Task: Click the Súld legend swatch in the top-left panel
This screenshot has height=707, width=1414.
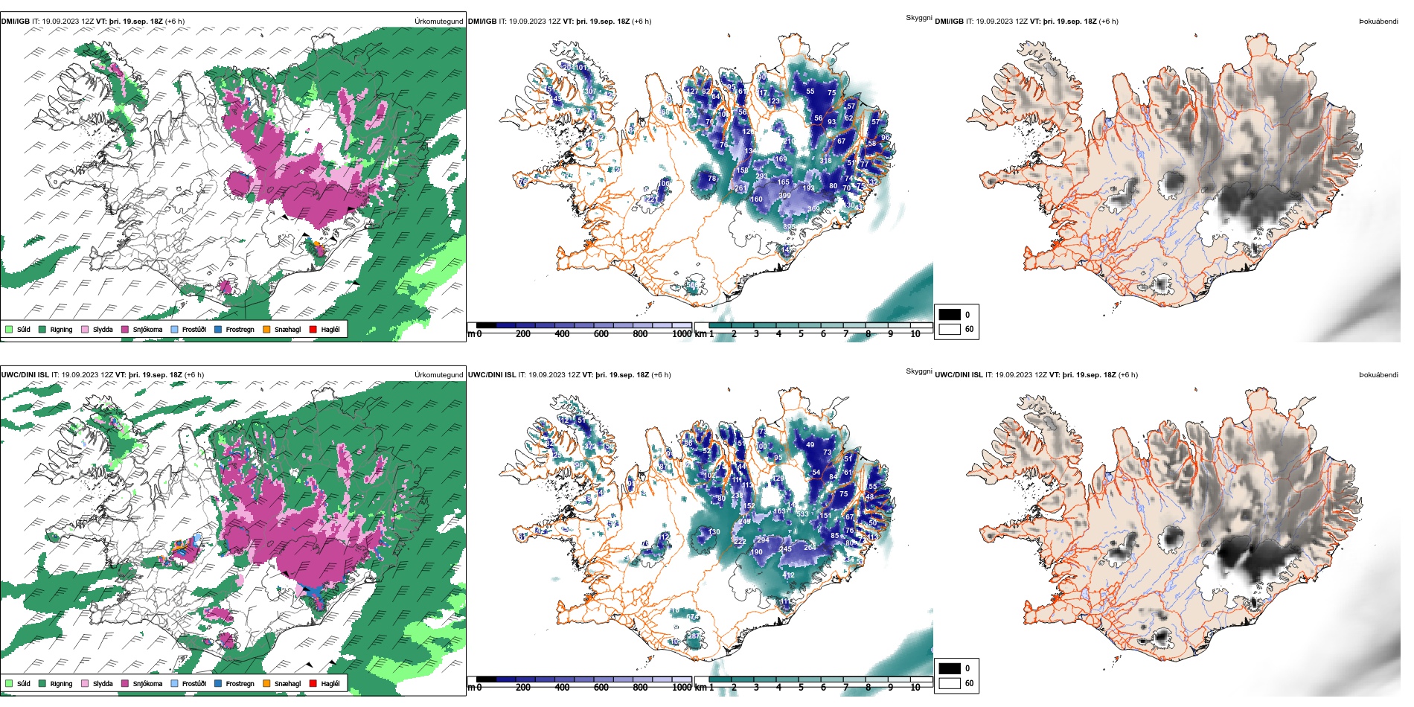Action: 9,329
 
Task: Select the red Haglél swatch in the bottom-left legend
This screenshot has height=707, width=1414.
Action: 313,683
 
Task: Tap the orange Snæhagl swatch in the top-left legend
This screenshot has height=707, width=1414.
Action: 266,329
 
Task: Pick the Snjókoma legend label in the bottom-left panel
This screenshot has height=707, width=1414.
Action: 147,683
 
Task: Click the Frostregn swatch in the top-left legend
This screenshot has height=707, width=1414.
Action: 218,329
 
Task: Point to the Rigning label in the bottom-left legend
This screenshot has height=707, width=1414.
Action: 61,683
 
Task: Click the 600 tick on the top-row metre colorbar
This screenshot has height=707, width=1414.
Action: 601,334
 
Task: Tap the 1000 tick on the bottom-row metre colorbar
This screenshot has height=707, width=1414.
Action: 682,688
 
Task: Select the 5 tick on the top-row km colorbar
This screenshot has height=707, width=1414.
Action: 801,334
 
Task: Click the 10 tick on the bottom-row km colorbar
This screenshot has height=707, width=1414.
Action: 915,688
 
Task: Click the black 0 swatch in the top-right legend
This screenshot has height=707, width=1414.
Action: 950,315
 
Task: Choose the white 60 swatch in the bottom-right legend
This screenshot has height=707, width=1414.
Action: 950,683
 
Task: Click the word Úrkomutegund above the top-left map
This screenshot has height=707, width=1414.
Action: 438,22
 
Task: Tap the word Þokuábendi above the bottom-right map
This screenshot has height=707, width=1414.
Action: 1378,375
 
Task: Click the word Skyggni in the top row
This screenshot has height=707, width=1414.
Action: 918,18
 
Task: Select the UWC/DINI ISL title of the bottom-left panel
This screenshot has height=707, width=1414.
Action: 25,375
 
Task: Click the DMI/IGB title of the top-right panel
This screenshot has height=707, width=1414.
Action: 949,22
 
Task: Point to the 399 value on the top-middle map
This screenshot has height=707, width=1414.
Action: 784,196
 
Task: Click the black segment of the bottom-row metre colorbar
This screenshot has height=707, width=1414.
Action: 486,679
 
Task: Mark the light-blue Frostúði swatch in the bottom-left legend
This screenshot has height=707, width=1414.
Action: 175,683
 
